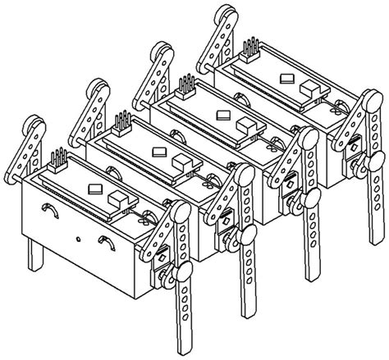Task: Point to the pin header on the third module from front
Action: pyautogui.click(x=186, y=85)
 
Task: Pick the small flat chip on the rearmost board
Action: pyautogui.click(x=286, y=80)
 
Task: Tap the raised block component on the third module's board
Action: pyautogui.click(x=245, y=123)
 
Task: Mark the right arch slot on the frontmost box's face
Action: pyautogui.click(x=106, y=242)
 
